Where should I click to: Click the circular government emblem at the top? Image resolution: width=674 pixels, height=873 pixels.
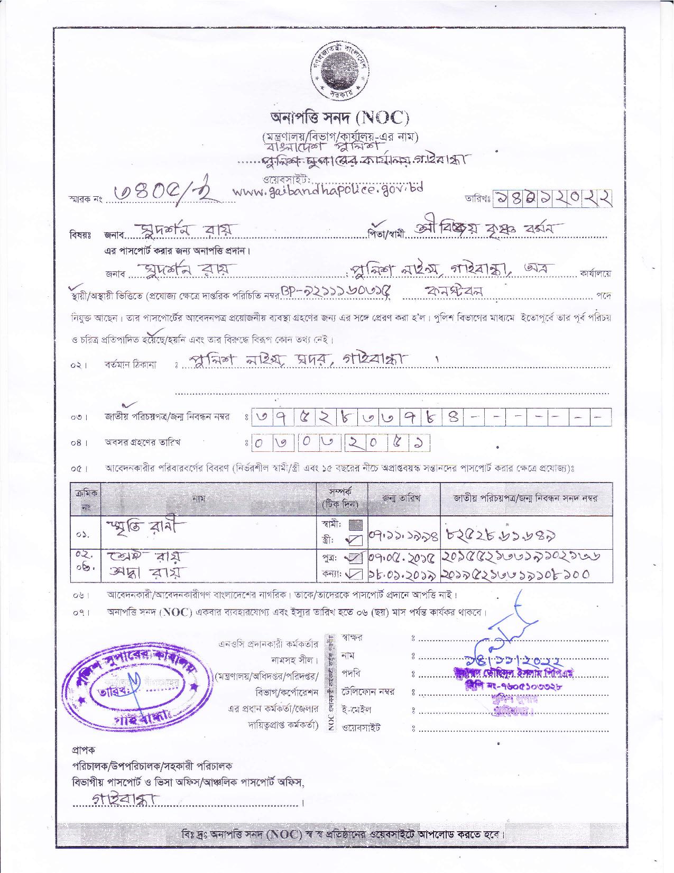(337, 71)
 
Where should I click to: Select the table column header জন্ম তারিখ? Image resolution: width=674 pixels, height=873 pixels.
(404, 498)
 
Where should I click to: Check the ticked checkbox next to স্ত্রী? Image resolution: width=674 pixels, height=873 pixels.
(356, 540)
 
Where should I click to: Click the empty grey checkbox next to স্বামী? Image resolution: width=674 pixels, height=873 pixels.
(356, 525)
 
